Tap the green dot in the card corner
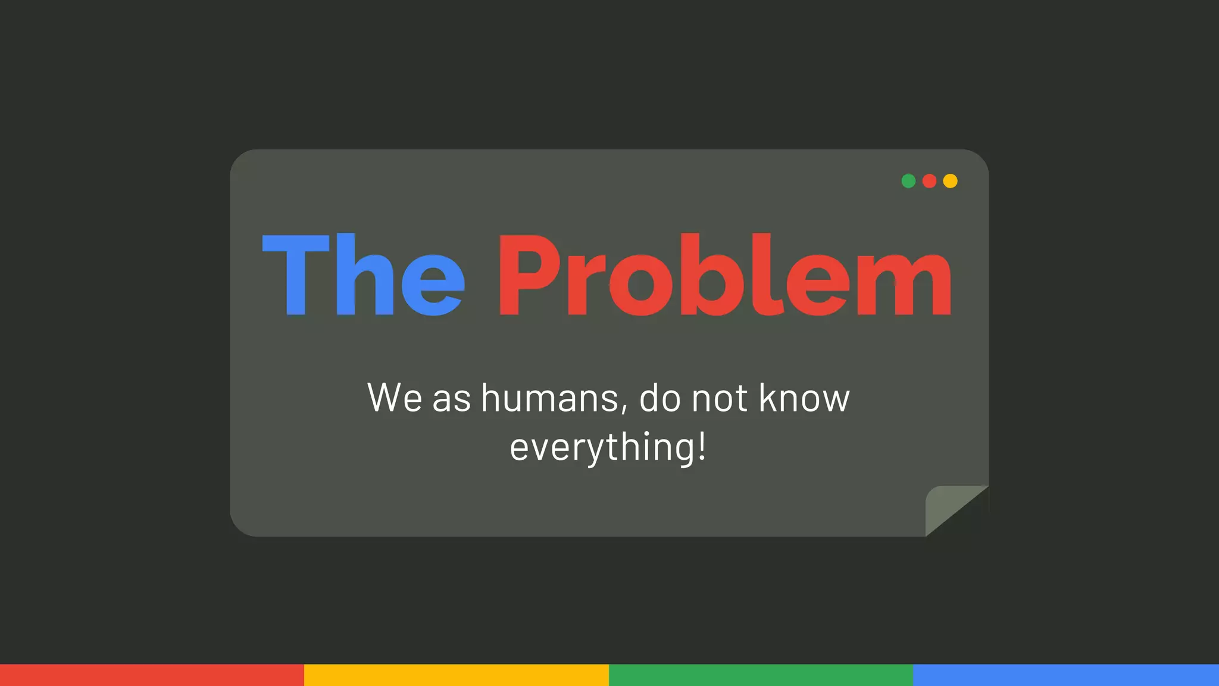908,181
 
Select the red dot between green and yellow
929,181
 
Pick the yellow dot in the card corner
951,181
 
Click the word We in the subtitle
395,398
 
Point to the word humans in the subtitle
554,398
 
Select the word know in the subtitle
804,398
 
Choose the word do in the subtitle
660,398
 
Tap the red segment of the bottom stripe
152,675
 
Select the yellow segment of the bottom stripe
457,675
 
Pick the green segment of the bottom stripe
761,675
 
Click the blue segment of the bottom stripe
1065,675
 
